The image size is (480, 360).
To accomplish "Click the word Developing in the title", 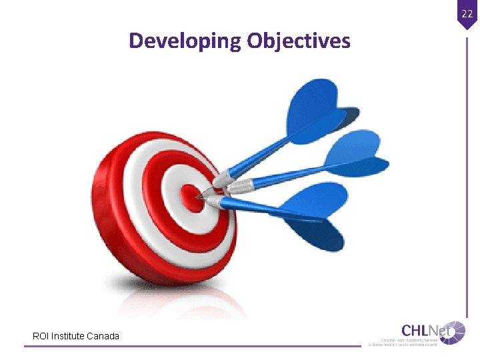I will (x=185, y=41).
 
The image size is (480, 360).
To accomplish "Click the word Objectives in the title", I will (x=298, y=41).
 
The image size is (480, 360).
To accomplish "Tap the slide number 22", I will (x=467, y=13).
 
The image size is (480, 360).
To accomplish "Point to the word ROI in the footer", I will (x=40, y=336).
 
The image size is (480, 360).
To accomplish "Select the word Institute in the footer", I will (x=70, y=336).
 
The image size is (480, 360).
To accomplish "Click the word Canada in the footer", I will (x=104, y=336).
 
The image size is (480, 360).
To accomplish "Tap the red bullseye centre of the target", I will (x=191, y=197).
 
